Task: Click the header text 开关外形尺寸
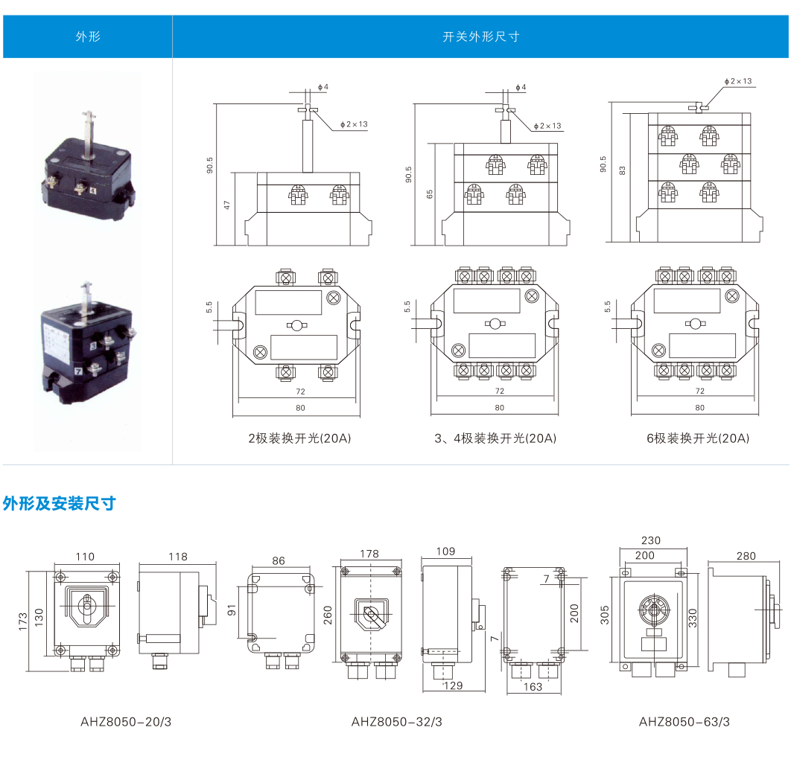480,36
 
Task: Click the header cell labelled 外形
87,36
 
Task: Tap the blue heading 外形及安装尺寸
59,504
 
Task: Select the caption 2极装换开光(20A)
299,438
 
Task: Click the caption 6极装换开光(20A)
698,438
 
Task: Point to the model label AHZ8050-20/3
121,721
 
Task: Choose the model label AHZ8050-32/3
397,721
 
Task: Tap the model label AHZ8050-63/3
684,721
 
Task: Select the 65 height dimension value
430,194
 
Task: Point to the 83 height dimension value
623,170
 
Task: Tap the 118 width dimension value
178,557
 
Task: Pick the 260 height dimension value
328,615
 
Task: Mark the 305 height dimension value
606,614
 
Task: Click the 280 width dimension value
746,556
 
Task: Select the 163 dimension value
533,687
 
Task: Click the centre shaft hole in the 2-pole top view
296,326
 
